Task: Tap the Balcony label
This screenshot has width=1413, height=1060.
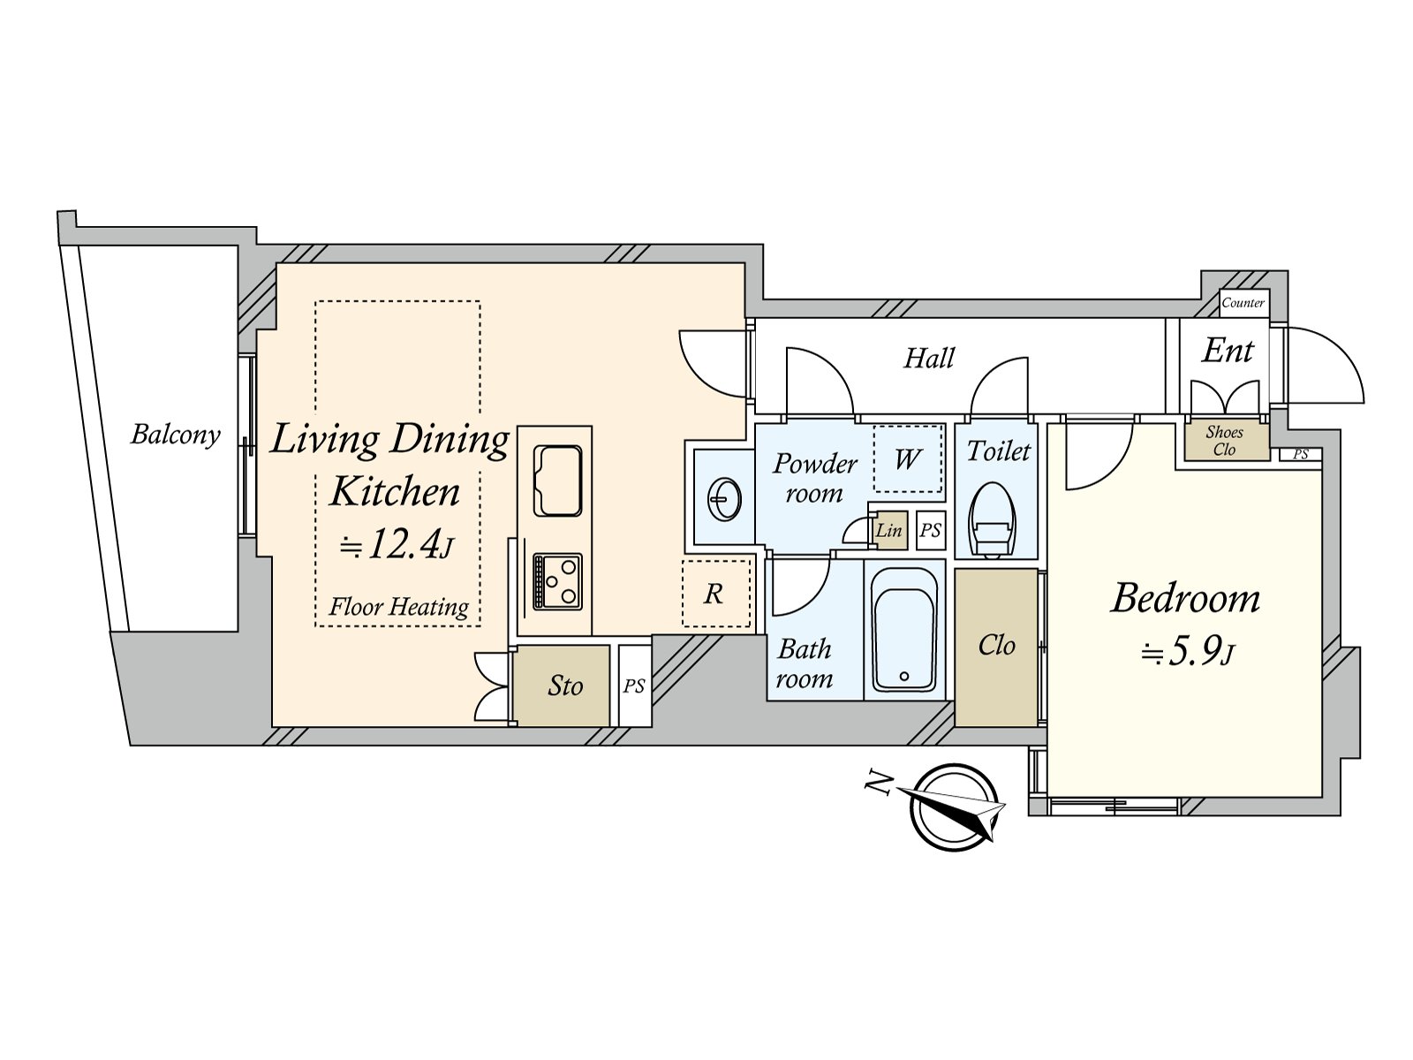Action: point(175,435)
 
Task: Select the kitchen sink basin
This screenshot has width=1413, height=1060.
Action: point(558,481)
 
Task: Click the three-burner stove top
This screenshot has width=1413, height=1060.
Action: point(557,582)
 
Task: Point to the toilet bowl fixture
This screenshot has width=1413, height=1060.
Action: point(992,520)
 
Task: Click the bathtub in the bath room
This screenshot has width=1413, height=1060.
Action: point(903,629)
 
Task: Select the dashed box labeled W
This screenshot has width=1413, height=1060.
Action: point(908,459)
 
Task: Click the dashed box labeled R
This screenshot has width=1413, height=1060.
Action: point(715,594)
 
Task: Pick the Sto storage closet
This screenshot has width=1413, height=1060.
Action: point(563,686)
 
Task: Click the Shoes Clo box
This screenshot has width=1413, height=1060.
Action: point(1225,441)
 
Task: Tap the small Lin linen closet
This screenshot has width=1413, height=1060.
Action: point(888,530)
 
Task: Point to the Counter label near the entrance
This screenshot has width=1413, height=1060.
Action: point(1243,303)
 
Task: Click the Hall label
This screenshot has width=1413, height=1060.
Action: point(929,358)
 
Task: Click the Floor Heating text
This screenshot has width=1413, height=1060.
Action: point(398,607)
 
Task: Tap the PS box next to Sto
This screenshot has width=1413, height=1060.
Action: point(634,686)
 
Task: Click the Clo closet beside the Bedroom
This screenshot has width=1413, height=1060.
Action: point(996,647)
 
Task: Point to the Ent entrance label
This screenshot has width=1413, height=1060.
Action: point(1228,351)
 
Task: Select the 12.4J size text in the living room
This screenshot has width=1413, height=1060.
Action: point(397,545)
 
